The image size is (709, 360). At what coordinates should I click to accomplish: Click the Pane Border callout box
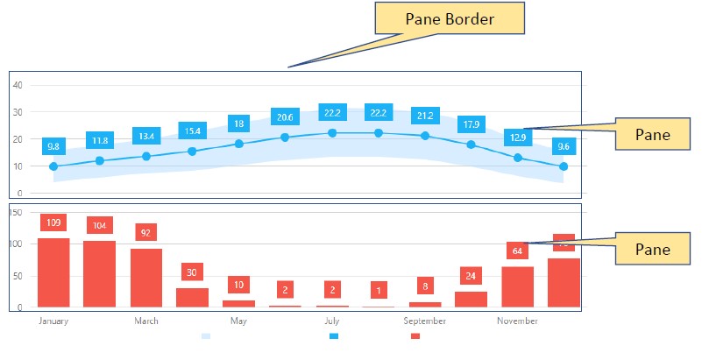(449, 18)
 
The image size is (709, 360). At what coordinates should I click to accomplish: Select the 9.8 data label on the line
(53, 146)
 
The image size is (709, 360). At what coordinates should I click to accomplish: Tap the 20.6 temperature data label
(285, 117)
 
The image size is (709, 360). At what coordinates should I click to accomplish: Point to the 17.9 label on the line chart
(471, 124)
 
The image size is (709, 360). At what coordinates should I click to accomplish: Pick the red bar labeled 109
(53, 272)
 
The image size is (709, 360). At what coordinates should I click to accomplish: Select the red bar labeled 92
(146, 278)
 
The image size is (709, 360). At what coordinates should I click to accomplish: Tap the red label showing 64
(517, 251)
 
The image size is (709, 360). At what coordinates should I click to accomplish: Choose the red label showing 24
(471, 276)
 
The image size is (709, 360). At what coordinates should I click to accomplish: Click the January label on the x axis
(53, 321)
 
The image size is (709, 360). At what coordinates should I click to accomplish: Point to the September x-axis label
(425, 321)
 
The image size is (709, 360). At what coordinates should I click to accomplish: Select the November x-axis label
(517, 321)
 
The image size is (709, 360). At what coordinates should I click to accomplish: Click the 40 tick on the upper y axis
(18, 85)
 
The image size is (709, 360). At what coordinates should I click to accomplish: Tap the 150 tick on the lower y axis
(16, 212)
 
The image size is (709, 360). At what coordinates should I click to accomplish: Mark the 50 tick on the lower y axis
(18, 276)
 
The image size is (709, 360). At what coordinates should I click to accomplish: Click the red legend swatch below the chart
(415, 336)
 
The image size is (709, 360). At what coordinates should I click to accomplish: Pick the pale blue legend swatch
(206, 336)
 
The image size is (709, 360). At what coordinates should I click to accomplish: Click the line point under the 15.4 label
(192, 152)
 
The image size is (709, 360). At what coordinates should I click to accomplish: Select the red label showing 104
(100, 225)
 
